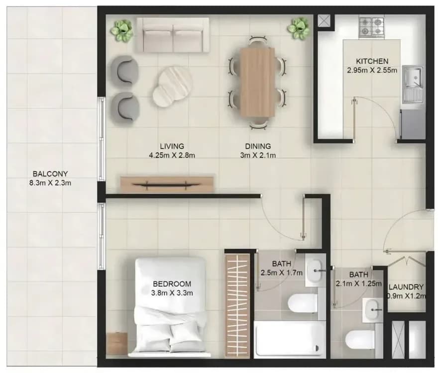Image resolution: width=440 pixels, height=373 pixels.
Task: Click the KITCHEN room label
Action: (372, 61)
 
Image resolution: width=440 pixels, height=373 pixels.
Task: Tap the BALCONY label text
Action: (50, 174)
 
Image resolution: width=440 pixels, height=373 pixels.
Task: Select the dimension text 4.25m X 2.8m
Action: (172, 155)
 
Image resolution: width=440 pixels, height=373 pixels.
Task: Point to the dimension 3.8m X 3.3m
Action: (172, 293)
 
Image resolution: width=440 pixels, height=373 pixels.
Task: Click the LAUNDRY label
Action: (406, 287)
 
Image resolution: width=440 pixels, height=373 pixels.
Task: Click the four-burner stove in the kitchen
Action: (371, 26)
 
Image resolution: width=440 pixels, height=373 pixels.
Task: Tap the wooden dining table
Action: (257, 82)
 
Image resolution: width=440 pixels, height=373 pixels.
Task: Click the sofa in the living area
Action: (173, 35)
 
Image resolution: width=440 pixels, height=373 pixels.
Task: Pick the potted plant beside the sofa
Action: (121, 30)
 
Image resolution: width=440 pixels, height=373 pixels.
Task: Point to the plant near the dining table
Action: (298, 28)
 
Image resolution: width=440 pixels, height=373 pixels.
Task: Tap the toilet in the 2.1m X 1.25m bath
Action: (360, 339)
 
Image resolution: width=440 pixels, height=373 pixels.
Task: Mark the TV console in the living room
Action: (168, 184)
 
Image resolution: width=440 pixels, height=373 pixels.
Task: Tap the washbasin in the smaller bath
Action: (373, 310)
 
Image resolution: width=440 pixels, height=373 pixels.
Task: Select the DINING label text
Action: (258, 146)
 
